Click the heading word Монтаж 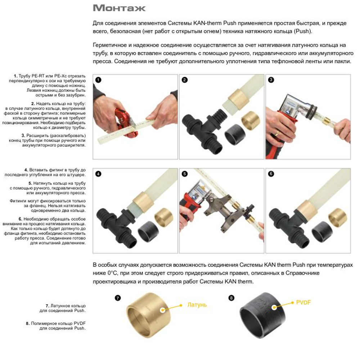click(x=119, y=8)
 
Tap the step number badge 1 click(x=98, y=80)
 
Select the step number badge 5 click(x=185, y=174)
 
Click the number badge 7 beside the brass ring click(x=118, y=298)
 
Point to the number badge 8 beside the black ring click(x=231, y=298)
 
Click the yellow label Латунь click(x=197, y=305)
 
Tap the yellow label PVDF click(x=303, y=302)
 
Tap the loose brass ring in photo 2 click(x=250, y=121)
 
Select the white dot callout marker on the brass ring click(x=163, y=310)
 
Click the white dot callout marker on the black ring click(x=274, y=307)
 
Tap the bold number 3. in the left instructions click(x=23, y=135)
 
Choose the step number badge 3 click(x=271, y=80)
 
